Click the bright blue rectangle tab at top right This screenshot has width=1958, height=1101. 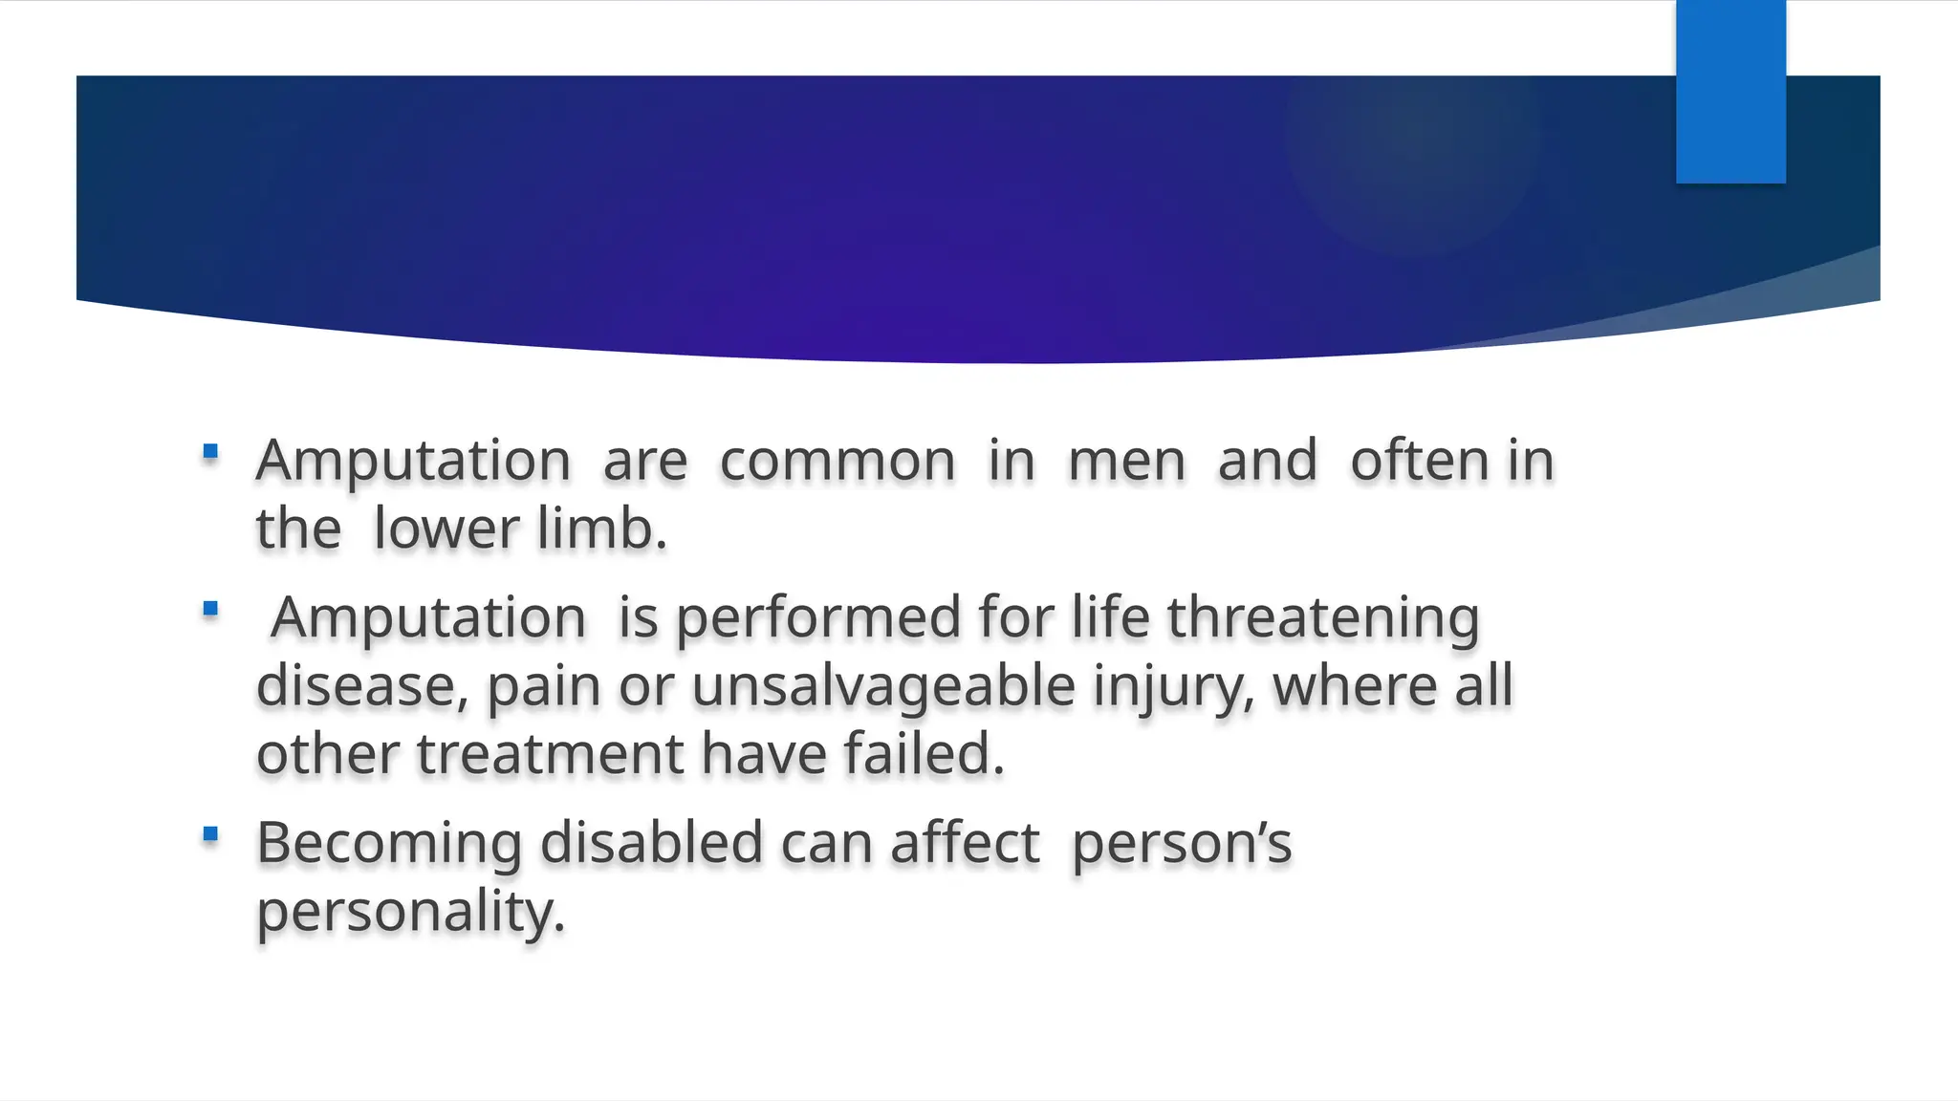pyautogui.click(x=1730, y=92)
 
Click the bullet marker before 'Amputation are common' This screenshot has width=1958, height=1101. pyautogui.click(x=211, y=451)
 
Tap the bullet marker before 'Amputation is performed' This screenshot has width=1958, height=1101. pyautogui.click(x=211, y=609)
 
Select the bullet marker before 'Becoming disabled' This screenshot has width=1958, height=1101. pyautogui.click(x=211, y=834)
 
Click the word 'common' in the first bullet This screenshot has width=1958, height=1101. pyautogui.click(x=838, y=462)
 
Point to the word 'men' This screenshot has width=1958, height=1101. pyautogui.click(x=1126, y=462)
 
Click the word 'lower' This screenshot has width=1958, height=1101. pyautogui.click(x=446, y=529)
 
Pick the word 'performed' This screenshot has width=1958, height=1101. pyautogui.click(x=818, y=618)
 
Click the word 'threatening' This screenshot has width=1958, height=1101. pyautogui.click(x=1323, y=618)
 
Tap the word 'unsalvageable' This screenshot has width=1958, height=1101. pyautogui.click(x=883, y=687)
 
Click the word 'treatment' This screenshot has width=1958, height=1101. pyautogui.click(x=550, y=755)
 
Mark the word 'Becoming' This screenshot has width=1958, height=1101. pyautogui.click(x=389, y=845)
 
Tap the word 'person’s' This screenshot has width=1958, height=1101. pyautogui.click(x=1182, y=845)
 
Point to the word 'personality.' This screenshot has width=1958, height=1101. pyautogui.click(x=411, y=913)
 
